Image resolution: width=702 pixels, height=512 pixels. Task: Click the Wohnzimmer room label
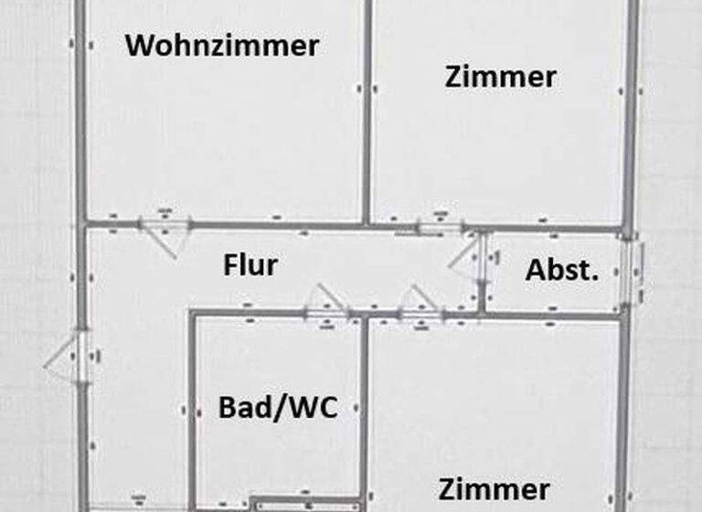[x=222, y=45]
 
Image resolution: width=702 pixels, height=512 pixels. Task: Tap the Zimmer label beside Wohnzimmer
[x=500, y=77]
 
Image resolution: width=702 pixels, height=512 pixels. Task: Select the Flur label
[x=250, y=266]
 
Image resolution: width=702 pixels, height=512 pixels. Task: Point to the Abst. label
[x=562, y=271]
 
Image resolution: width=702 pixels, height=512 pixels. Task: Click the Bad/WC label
[x=277, y=407]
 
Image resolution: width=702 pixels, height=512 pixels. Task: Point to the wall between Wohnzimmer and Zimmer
[x=367, y=110]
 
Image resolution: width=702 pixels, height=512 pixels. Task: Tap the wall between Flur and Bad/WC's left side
[x=191, y=411]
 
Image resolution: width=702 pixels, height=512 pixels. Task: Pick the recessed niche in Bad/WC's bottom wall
[x=284, y=503]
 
